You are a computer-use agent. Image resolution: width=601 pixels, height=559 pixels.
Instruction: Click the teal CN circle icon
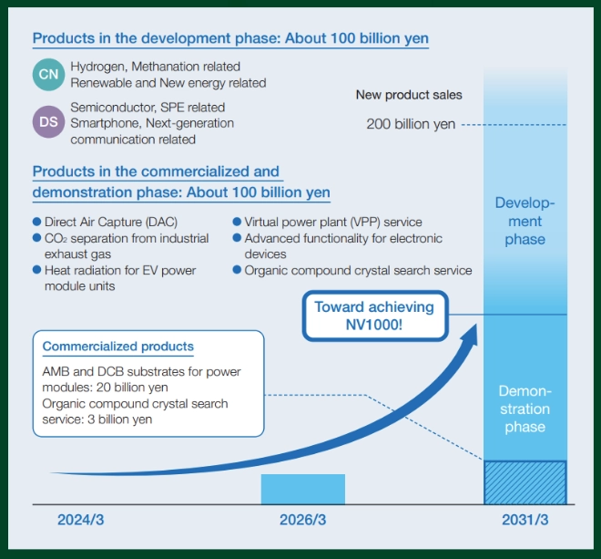(49, 75)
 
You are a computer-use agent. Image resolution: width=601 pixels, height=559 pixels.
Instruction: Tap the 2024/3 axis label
(82, 521)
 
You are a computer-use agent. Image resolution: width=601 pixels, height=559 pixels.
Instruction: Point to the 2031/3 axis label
(525, 521)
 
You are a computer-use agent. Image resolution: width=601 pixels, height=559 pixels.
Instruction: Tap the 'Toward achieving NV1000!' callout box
(374, 316)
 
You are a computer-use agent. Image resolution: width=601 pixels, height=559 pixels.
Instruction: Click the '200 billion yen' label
(411, 124)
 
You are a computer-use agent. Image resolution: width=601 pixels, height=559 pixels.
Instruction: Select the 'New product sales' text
(409, 95)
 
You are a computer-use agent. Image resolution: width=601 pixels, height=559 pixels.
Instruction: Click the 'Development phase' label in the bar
(525, 222)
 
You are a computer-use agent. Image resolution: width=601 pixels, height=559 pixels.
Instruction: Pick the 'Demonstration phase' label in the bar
(525, 409)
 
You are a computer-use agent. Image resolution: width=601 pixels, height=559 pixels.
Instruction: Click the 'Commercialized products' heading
(118, 347)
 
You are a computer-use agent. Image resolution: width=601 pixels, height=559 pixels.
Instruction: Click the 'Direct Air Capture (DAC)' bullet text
(110, 222)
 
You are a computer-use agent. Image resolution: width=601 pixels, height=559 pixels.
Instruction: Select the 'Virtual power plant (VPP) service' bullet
(333, 222)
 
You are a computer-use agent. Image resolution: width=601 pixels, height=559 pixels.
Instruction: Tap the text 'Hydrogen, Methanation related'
(155, 67)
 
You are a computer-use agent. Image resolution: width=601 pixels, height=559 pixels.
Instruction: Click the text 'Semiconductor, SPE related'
(148, 108)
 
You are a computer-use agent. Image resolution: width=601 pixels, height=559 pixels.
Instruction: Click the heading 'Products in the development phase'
(230, 39)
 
